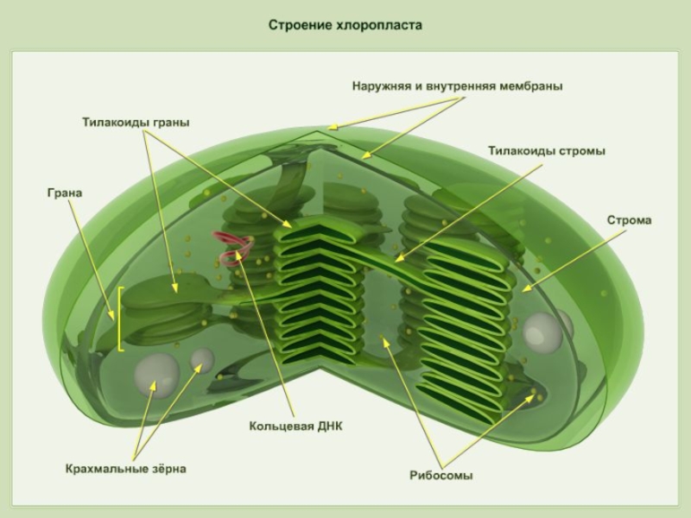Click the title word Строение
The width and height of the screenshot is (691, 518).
tap(296, 26)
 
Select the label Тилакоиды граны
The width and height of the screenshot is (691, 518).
tap(136, 123)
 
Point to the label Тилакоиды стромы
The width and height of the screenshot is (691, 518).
tap(546, 150)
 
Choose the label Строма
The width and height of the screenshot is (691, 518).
tap(629, 220)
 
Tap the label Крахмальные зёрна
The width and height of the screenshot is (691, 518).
tap(125, 469)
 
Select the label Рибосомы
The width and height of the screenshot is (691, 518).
tap(441, 475)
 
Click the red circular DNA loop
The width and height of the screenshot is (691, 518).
tap(235, 250)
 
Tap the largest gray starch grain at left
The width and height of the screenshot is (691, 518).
tap(156, 374)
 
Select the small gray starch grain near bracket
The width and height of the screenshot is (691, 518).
tap(202, 358)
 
